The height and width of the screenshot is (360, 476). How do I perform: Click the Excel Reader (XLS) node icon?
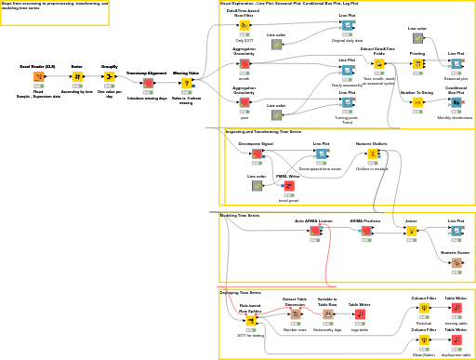coord(38,77)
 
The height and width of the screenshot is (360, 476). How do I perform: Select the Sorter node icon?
coord(77,77)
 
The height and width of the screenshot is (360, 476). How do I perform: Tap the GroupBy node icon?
coord(110,77)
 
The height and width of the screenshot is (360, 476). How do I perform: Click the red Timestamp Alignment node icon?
coord(147,83)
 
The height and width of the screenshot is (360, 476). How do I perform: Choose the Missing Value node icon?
coord(186,83)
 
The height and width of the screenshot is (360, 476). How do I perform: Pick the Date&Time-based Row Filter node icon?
coord(244,26)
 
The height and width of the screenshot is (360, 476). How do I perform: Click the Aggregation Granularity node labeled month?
coord(244,64)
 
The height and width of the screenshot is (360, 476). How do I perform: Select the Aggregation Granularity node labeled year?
coord(244,102)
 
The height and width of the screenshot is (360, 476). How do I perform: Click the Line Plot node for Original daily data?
coord(347,26)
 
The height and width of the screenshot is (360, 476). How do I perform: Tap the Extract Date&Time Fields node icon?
coord(378,64)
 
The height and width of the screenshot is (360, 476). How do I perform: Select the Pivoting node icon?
coord(417,64)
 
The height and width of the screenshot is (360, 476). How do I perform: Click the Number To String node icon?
coord(417,102)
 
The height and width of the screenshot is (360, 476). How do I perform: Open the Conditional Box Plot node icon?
coord(456,102)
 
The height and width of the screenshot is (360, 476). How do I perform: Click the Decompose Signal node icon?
coord(257,154)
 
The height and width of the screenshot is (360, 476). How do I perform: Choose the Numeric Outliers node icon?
coord(372,154)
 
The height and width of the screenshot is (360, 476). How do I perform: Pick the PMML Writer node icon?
coord(288,185)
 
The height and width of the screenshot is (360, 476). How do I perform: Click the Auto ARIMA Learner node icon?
coord(314,231)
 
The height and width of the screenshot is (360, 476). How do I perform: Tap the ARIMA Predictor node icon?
coord(365,231)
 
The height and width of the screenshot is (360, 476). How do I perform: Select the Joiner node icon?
coord(411,231)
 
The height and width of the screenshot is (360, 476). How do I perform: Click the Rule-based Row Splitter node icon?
coord(250,320)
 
